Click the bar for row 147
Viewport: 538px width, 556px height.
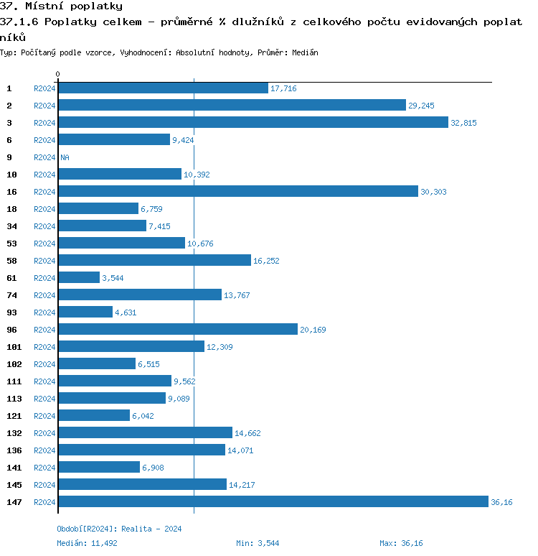(273, 501)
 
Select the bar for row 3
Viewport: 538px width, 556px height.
(253, 122)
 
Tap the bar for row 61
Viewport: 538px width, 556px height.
(79, 277)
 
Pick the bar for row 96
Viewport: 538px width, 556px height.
(177, 329)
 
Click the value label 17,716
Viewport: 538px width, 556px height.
(283, 88)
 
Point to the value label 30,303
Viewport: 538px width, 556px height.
(433, 192)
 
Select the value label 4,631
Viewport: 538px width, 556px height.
(126, 312)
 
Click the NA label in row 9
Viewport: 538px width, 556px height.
(65, 157)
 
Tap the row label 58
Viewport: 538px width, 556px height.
(11, 261)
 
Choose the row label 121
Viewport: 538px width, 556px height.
(14, 416)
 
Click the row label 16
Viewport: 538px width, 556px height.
(11, 192)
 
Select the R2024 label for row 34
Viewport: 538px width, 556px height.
(44, 226)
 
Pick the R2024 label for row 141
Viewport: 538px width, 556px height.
(44, 468)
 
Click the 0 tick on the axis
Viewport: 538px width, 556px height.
(57, 74)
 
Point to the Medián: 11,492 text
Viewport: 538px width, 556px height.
(87, 543)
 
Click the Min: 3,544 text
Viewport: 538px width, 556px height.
(258, 543)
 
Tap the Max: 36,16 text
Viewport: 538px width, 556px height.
(402, 543)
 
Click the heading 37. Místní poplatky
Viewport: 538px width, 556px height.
(61, 6)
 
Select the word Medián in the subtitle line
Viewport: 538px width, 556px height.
(305, 52)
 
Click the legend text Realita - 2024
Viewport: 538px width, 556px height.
(151, 529)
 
